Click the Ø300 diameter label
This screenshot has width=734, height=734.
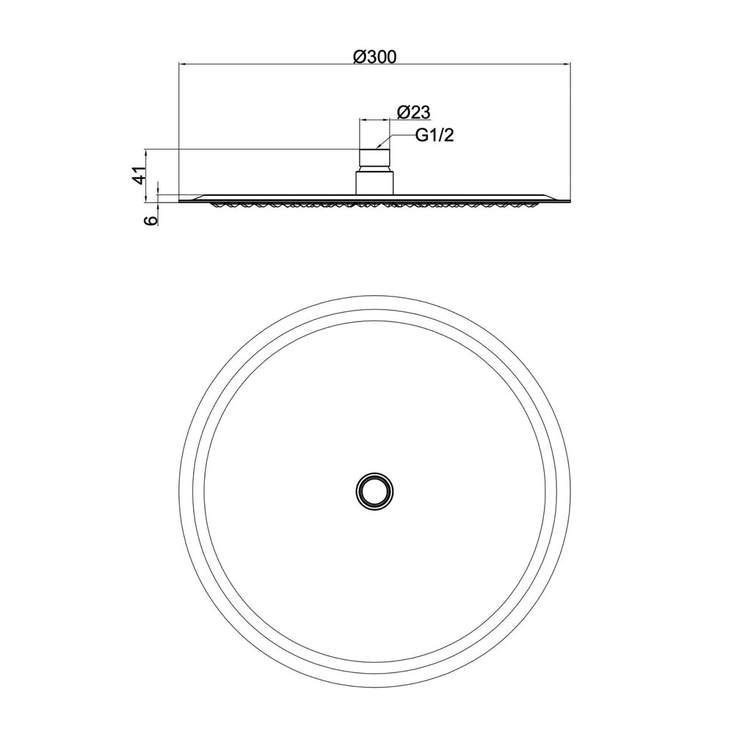(374, 57)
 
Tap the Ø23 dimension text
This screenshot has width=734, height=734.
(413, 112)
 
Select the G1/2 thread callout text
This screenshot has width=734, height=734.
(435, 136)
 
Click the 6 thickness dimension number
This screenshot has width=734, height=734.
(151, 221)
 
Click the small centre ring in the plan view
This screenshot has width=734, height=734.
(374, 490)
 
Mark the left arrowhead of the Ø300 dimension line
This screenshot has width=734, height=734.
(183, 63)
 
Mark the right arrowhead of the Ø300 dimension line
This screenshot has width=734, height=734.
(566, 63)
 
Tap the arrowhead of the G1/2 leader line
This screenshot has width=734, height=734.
(379, 147)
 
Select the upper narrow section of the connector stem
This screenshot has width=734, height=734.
(374, 160)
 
